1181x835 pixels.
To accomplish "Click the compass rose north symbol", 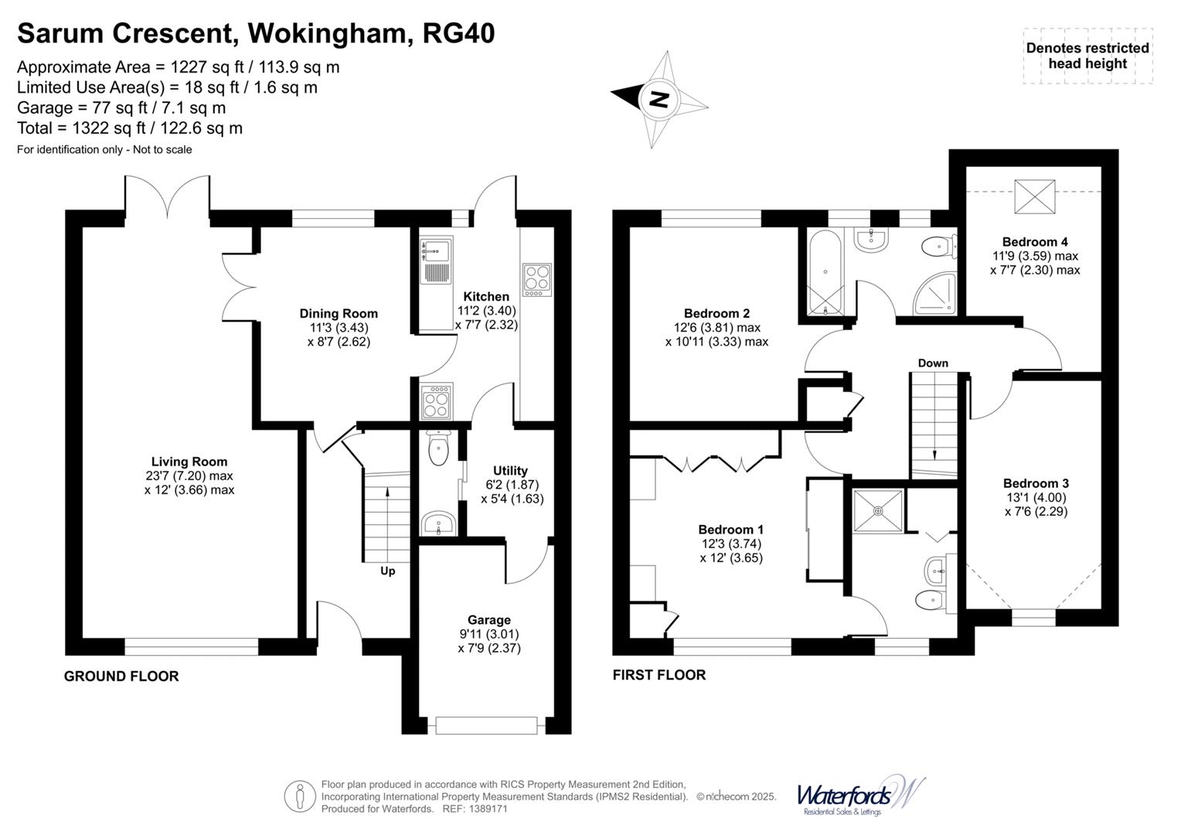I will (x=659, y=99).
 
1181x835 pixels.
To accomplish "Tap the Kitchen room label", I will (x=486, y=296).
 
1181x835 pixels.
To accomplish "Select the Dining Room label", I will (x=339, y=313).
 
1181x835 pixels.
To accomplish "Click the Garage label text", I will (x=488, y=620).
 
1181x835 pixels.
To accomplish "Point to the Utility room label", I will (x=510, y=470).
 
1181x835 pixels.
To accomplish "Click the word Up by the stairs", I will (x=387, y=571).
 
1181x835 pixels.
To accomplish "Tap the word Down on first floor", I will (x=933, y=363).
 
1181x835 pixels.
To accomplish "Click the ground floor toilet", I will (x=438, y=450).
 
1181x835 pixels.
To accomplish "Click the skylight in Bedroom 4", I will (x=1034, y=196).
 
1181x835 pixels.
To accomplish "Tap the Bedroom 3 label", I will (x=1036, y=483).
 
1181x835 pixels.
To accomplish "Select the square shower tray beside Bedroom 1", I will (x=877, y=510).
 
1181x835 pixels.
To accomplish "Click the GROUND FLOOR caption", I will (x=121, y=676).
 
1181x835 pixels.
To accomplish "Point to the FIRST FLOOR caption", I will (x=659, y=675).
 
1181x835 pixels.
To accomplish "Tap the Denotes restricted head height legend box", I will (x=1087, y=56).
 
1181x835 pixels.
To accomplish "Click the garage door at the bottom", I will (x=486, y=725).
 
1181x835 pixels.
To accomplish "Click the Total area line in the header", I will (x=130, y=128).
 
